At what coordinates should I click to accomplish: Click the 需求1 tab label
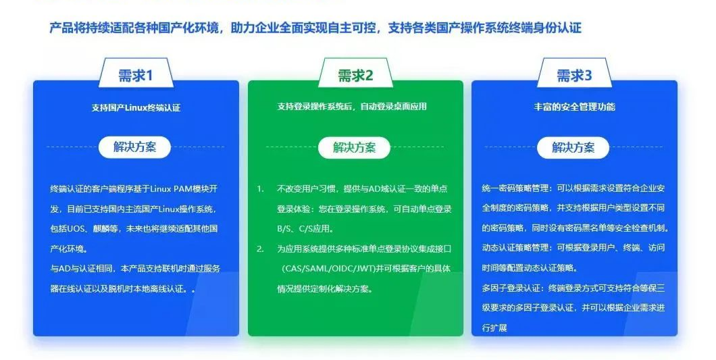point(135,76)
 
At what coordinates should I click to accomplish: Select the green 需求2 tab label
point(355,76)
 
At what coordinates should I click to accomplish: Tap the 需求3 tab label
point(574,76)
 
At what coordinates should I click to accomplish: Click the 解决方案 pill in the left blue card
point(135,147)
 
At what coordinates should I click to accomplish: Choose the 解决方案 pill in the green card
point(355,147)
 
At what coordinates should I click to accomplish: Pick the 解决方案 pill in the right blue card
point(573,147)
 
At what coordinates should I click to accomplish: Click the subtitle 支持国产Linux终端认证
point(136,107)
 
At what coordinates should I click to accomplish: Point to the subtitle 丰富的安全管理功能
point(574,107)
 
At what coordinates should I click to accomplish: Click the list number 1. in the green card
point(260,188)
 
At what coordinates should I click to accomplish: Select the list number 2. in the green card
point(260,249)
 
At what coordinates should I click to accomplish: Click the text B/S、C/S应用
point(301,229)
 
